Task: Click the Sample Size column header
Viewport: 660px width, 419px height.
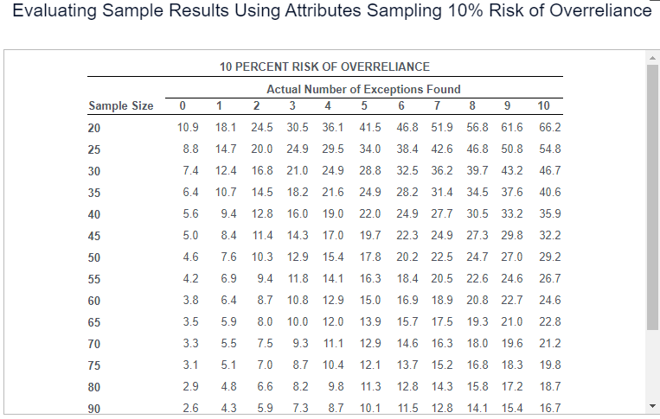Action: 121,106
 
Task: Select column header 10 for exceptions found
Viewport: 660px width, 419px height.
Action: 543,106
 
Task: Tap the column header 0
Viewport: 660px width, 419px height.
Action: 183,106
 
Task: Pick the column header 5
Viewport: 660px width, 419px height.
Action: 364,106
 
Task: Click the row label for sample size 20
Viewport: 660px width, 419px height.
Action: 95,128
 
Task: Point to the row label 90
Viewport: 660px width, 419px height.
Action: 95,409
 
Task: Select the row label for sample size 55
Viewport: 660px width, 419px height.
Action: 95,279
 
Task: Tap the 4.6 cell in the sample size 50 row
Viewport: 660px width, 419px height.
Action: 190,257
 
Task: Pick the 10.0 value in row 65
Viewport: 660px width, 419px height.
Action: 298,322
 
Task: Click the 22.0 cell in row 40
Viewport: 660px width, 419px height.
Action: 370,214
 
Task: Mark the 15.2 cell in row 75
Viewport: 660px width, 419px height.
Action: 442,365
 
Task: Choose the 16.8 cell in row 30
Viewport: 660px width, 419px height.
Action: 262,171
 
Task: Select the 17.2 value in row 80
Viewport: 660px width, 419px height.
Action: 514,387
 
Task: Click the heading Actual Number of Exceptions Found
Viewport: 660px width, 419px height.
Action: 363,89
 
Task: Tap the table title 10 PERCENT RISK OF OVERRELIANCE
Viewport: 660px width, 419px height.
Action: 324,67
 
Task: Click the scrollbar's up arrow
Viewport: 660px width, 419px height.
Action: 653,57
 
